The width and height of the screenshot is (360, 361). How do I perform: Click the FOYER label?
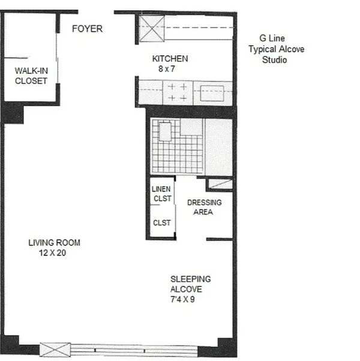(88, 28)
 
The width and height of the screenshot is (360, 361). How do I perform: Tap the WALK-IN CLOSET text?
(31, 76)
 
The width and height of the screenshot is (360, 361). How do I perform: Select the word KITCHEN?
(170, 59)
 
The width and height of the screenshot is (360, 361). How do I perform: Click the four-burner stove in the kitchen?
(177, 93)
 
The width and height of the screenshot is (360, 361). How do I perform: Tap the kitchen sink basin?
(212, 93)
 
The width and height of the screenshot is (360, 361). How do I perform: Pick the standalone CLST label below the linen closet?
(162, 223)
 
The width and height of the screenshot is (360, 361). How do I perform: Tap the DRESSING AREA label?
(205, 207)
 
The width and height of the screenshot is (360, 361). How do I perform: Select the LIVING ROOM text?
(54, 243)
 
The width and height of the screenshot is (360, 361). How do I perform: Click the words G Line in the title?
(268, 39)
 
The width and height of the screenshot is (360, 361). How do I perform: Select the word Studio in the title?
(275, 60)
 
